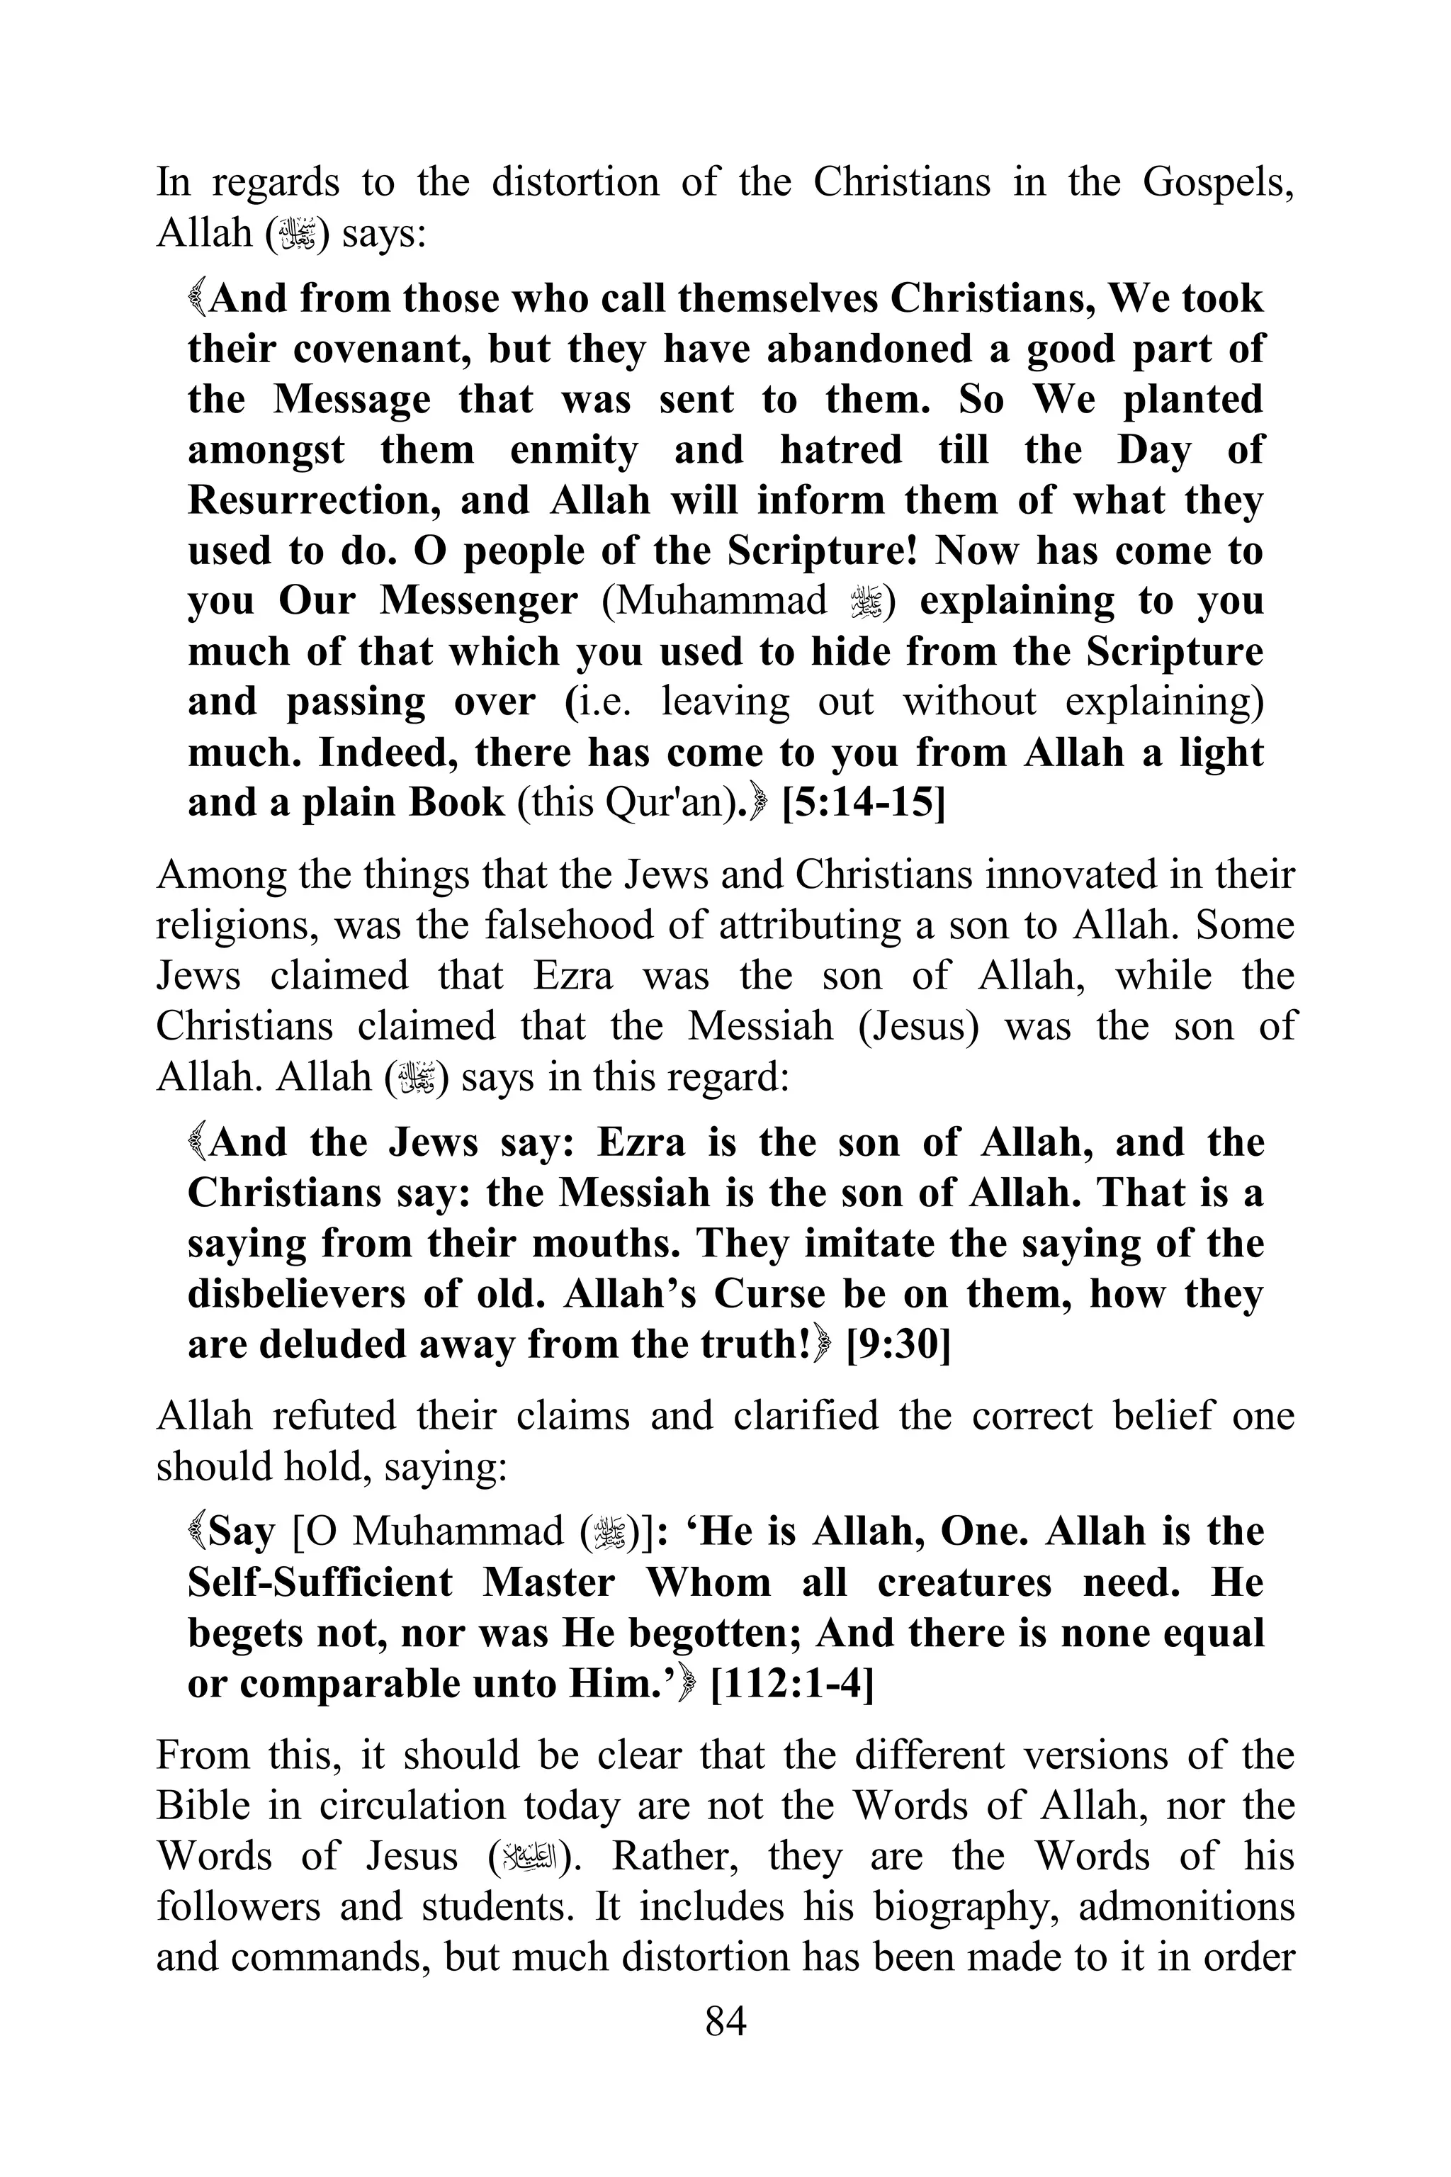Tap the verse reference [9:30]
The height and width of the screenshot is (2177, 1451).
tap(898, 1344)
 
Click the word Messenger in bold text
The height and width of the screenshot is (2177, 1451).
tap(478, 602)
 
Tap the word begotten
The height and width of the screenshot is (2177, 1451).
tap(713, 1633)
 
